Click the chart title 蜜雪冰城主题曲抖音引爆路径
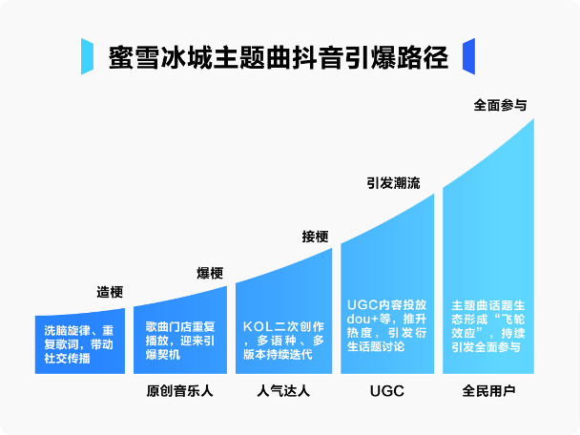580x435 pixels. click(279, 57)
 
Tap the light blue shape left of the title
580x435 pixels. click(88, 56)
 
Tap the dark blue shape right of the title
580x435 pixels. click(468, 56)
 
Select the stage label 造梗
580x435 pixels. click(110, 292)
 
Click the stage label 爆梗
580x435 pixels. click(210, 274)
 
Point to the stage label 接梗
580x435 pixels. click(315, 237)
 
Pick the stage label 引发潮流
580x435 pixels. click(393, 183)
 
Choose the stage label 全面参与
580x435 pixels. click(500, 106)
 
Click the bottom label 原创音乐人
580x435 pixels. click(179, 391)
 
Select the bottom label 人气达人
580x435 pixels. click(283, 391)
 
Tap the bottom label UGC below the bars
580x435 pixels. click(387, 391)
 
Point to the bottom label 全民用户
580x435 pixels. click(488, 391)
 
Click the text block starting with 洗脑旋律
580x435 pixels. click(79, 344)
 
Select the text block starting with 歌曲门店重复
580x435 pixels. click(180, 341)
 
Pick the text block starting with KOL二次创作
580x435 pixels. click(283, 341)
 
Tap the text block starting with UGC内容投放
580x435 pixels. click(387, 326)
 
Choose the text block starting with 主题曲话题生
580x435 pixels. click(488, 326)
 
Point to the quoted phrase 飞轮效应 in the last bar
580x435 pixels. click(488, 326)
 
